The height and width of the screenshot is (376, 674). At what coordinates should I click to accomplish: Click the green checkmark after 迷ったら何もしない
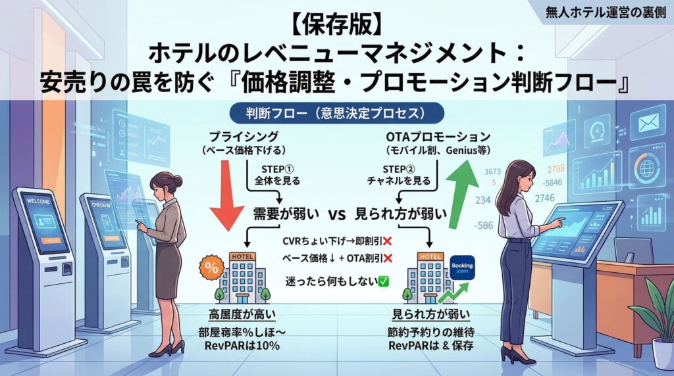[383, 281]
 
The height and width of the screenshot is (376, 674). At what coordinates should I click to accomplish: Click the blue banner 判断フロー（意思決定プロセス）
[336, 112]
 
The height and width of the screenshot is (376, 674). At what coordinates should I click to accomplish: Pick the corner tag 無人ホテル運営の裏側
[606, 11]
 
